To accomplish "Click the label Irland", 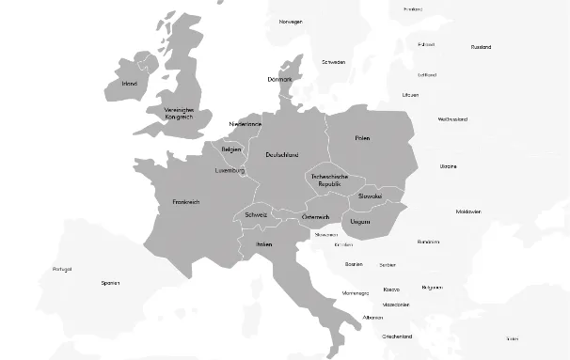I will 130,84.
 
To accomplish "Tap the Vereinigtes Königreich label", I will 178,113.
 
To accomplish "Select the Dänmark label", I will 280,80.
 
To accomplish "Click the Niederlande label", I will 245,124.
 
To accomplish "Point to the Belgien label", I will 231,149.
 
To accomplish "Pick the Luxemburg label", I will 230,171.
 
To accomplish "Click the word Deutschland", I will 282,154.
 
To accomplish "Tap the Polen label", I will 363,138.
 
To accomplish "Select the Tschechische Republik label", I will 329,180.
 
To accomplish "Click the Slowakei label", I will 370,196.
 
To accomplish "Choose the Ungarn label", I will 360,222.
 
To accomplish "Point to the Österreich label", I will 316,217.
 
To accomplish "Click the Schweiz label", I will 256,214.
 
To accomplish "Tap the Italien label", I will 264,244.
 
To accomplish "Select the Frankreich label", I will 186,202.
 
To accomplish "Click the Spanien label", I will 111,283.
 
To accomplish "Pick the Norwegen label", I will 291,21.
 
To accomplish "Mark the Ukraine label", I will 449,166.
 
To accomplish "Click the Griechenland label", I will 398,336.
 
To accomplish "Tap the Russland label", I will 481,46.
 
